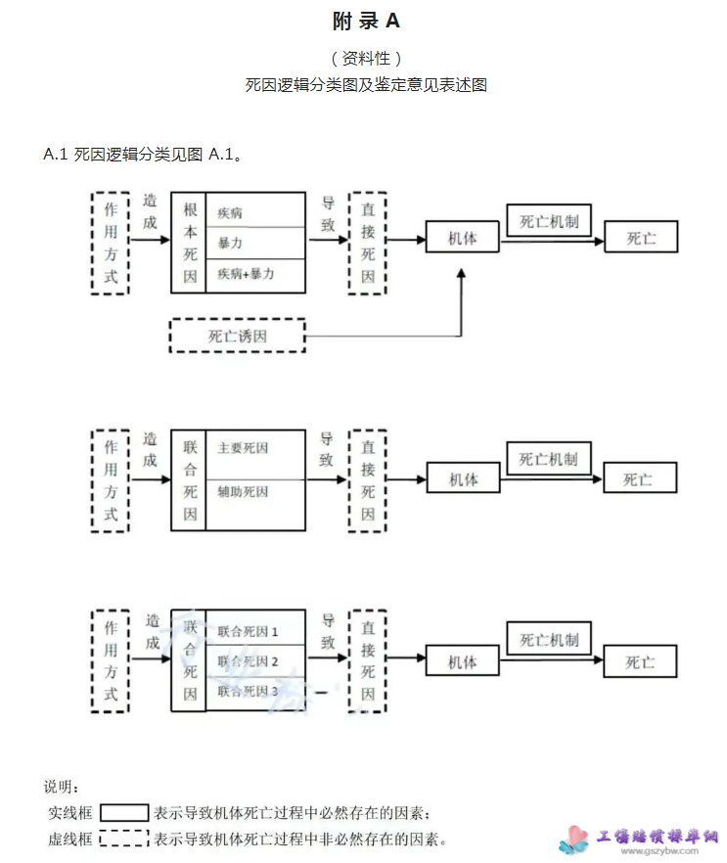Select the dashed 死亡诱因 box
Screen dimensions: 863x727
237,337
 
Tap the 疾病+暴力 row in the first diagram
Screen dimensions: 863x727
246,274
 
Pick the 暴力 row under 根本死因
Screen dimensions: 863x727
231,243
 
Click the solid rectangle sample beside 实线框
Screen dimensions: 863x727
124,812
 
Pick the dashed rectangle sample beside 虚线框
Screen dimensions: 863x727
124,839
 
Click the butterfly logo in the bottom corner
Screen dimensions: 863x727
574,839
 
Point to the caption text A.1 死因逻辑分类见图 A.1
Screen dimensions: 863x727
143,155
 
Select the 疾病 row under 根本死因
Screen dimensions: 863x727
231,211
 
